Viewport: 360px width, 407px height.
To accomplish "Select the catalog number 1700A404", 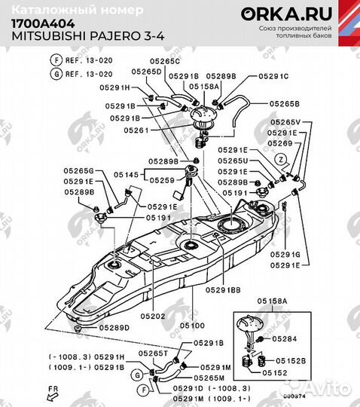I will [37, 23].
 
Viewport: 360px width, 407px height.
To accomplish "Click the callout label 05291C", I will [273, 76].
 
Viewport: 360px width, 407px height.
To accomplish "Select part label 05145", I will [127, 174].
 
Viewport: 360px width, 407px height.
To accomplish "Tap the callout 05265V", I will [285, 122].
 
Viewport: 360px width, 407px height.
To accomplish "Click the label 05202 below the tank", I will [152, 316].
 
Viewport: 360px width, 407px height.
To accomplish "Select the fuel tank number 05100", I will [191, 326].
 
